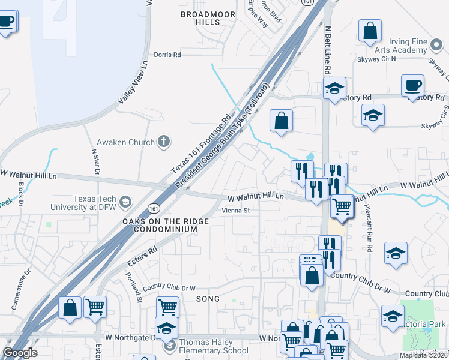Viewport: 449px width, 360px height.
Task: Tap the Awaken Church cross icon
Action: (x=163, y=142)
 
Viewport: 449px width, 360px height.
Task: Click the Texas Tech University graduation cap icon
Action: (x=125, y=201)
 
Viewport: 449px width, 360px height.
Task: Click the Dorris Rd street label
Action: (x=167, y=55)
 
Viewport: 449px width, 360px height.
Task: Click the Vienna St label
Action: (x=236, y=211)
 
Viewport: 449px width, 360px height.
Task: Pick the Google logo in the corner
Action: (x=20, y=353)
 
